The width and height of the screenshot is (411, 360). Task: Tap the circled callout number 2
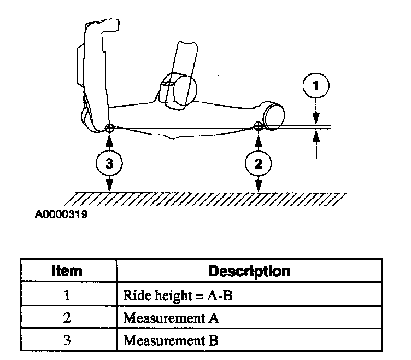pos(257,162)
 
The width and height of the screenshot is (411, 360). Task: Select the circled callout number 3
pos(110,162)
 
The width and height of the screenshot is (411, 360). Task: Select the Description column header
pos(249,270)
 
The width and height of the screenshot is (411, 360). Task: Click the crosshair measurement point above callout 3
pos(109,128)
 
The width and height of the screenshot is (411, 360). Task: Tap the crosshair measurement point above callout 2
pos(257,127)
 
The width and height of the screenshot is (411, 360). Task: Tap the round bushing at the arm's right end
pos(273,114)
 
